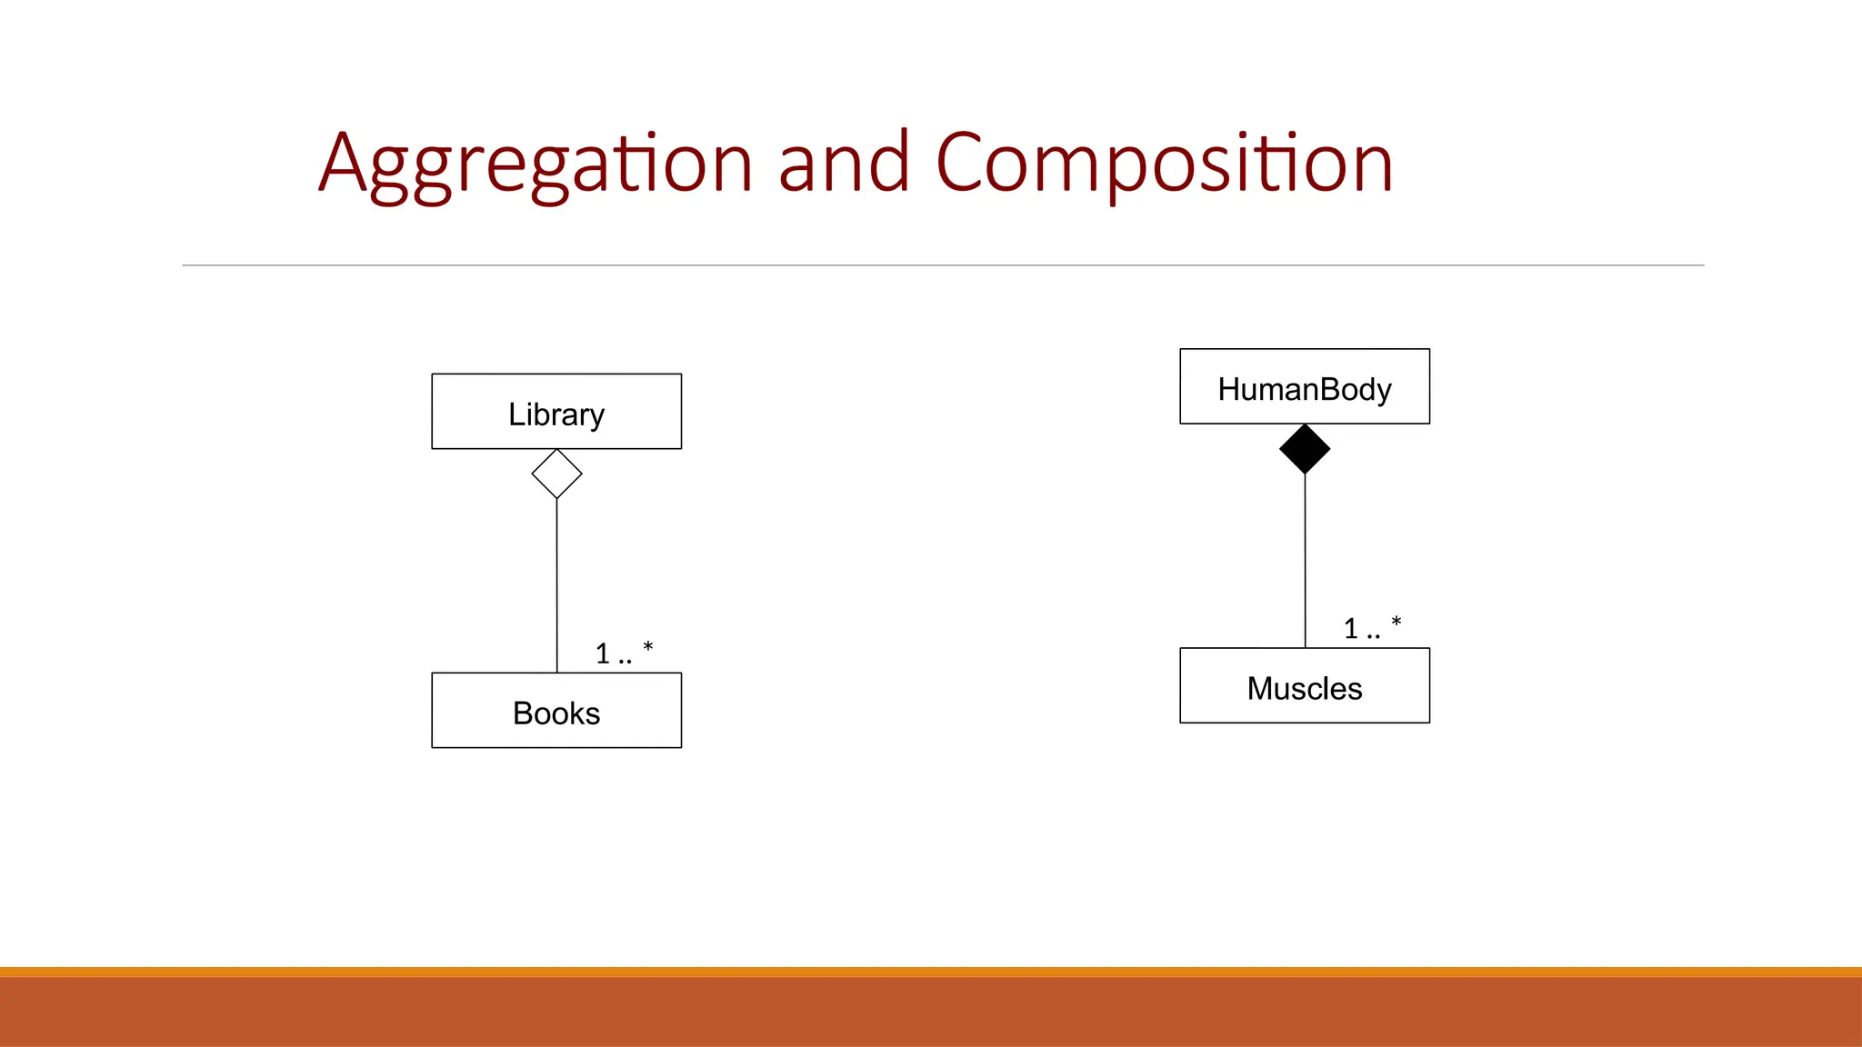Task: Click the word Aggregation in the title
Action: pos(536,164)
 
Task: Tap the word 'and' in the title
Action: pos(844,164)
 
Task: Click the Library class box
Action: pos(556,412)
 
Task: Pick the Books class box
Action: pos(556,711)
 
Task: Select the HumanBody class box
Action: pos(1305,386)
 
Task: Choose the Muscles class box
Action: pos(1305,686)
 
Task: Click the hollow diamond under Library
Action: pos(556,474)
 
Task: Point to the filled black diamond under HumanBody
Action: pos(1305,449)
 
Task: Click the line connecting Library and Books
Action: pos(556,586)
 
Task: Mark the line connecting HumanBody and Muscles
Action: pos(1305,561)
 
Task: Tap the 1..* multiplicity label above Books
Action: pos(624,653)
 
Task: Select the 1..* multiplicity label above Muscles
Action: pos(1372,627)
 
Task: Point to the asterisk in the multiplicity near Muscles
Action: pos(1396,622)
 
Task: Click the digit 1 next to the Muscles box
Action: pos(1351,629)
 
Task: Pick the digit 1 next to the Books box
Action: pos(603,653)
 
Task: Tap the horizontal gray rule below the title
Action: pos(943,265)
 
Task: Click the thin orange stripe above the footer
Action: pos(931,972)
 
